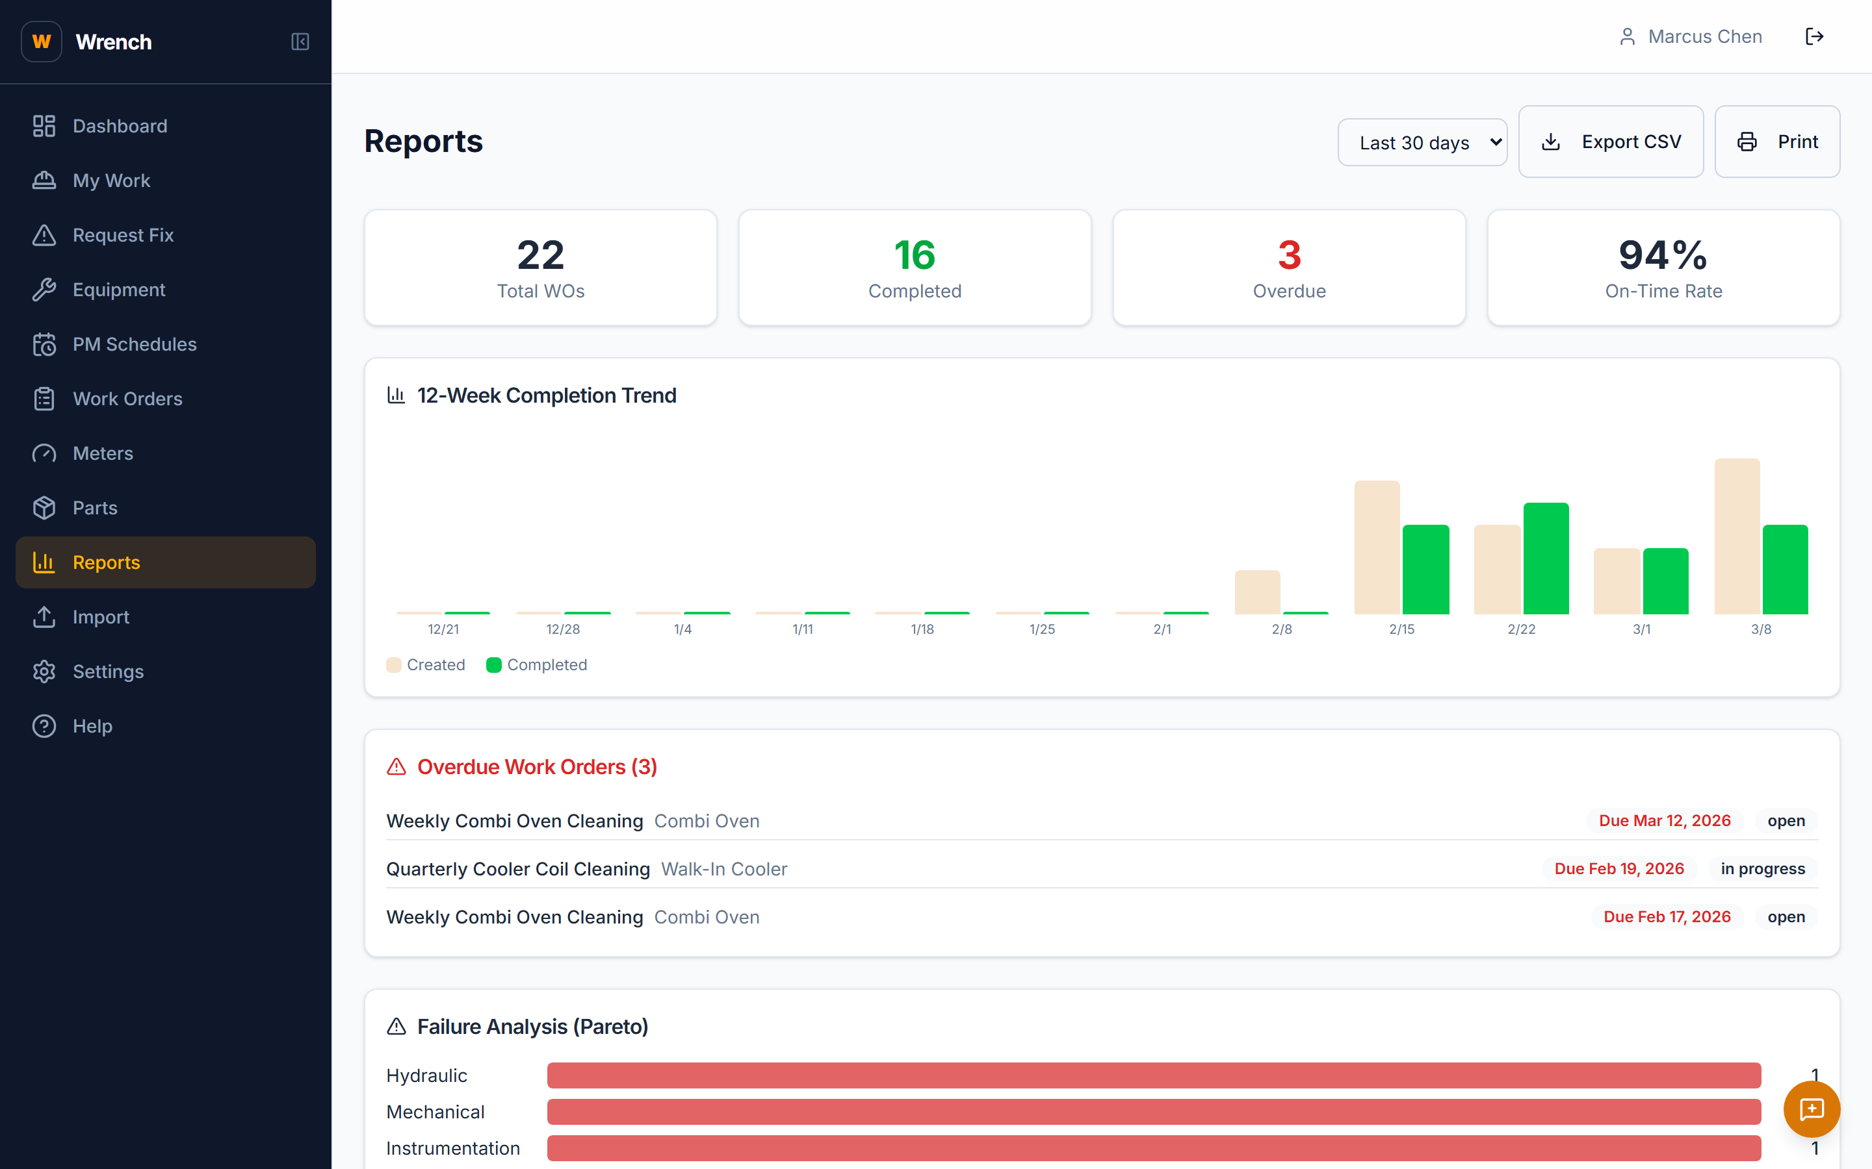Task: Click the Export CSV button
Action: (1611, 142)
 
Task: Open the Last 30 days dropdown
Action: (1422, 142)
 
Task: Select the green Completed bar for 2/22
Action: (1546, 559)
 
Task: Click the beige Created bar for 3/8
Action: (1737, 536)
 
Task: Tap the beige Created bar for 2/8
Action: (1257, 592)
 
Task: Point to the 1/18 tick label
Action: (922, 629)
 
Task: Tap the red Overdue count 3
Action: (1289, 255)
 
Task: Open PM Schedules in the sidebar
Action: (134, 344)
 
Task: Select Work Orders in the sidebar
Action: (127, 399)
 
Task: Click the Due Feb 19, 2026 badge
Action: (1618, 869)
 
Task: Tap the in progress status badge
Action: (1762, 869)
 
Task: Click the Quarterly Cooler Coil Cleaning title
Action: (517, 869)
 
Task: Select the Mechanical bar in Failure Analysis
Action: (1153, 1112)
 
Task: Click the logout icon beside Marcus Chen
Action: (1814, 36)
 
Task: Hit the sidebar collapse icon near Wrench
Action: (300, 42)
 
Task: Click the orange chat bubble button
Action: (1811, 1109)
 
